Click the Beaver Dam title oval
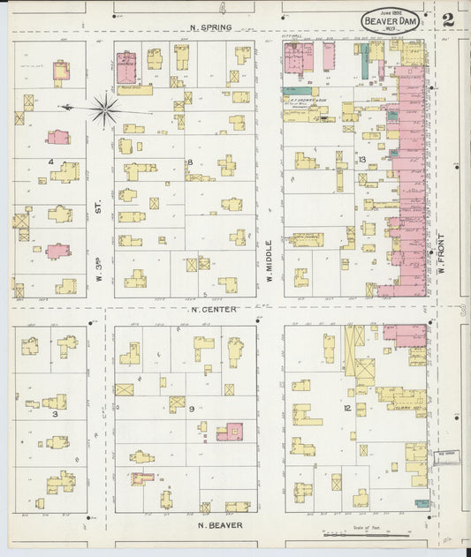point(390,20)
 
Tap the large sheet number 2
point(448,19)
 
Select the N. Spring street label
point(211,27)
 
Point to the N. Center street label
point(209,310)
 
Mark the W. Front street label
point(439,252)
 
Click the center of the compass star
point(104,109)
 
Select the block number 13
point(361,160)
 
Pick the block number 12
point(347,408)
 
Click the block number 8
point(189,162)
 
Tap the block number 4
point(51,162)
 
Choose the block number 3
point(54,413)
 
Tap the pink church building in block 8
point(126,65)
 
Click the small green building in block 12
point(422,504)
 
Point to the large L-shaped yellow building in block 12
point(305,415)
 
